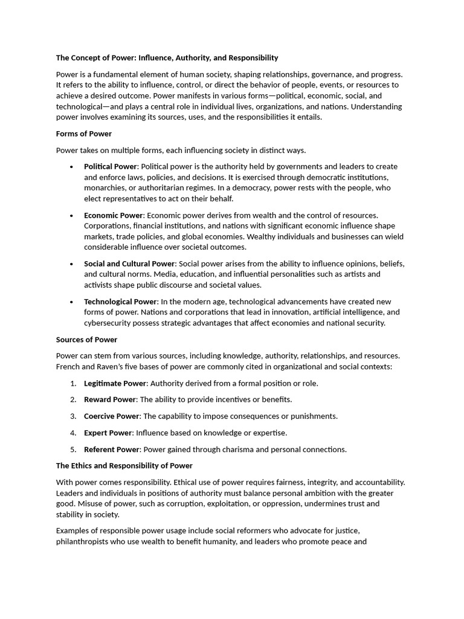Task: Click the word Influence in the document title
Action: coord(156,58)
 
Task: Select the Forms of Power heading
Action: coord(84,134)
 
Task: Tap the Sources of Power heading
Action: coord(86,340)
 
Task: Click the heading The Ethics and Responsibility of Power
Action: coord(124,465)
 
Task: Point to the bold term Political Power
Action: coord(111,166)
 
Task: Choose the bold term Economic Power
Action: coord(114,215)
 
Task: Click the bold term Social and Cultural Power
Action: coord(129,264)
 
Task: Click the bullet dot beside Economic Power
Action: coord(72,215)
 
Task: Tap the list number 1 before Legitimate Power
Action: coord(72,383)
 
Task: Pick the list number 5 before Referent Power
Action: coord(72,449)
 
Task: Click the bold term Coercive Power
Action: coord(112,416)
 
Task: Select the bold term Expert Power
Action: coord(108,433)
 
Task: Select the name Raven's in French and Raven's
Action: coord(124,367)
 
